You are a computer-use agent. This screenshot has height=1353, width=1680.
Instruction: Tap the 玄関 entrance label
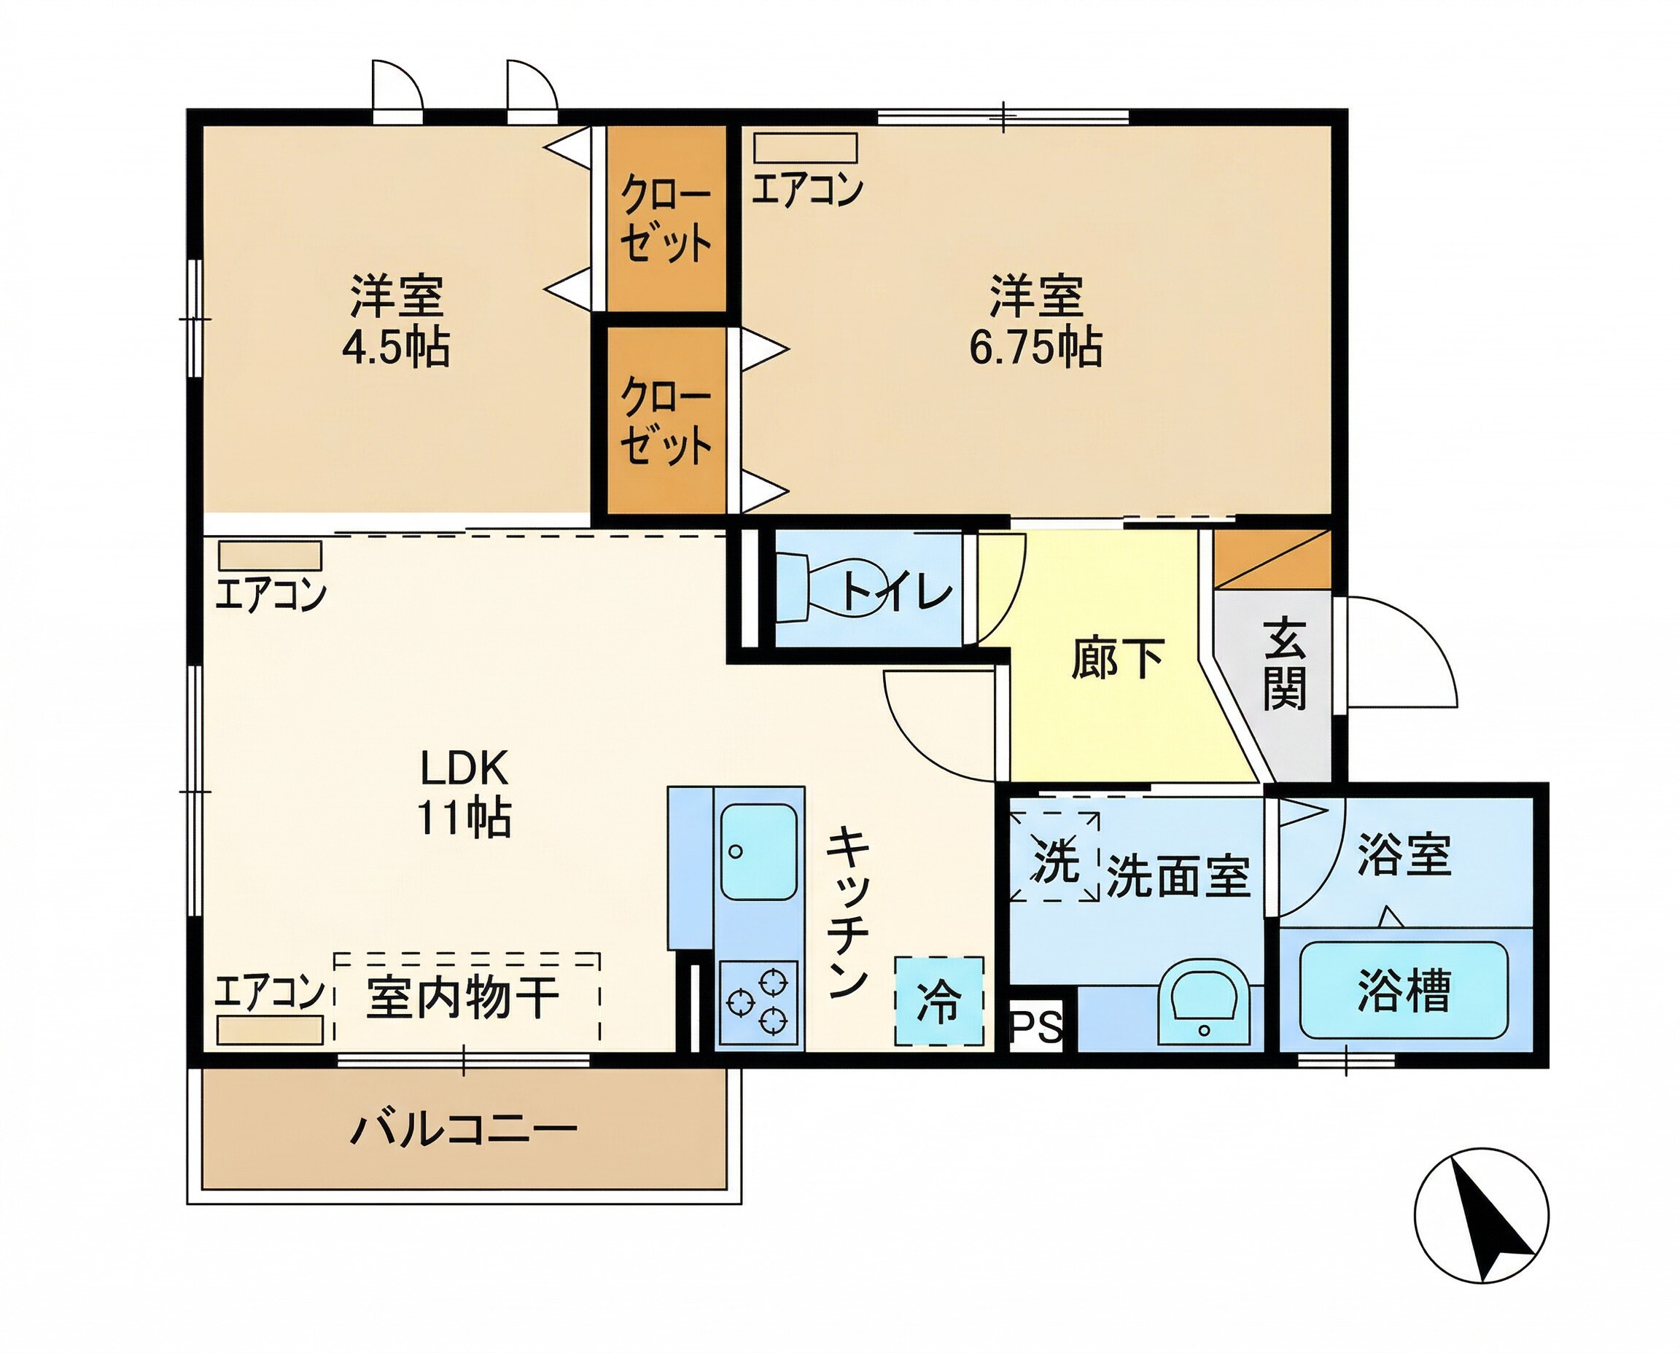(x=1284, y=665)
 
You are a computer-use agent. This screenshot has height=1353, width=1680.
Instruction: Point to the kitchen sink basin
(x=758, y=852)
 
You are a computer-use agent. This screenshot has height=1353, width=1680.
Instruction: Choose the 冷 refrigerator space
(x=938, y=1002)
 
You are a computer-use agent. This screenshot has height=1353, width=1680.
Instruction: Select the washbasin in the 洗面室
(x=1204, y=1002)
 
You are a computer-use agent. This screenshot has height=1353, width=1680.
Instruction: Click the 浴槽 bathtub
(x=1403, y=991)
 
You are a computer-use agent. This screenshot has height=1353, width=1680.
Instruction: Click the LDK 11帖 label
(x=464, y=792)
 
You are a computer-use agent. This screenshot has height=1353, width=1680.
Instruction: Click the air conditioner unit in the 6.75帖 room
(x=805, y=148)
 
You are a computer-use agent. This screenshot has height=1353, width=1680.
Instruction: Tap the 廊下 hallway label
(x=1117, y=658)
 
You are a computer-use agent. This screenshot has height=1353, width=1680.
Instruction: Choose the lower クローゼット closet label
(x=665, y=421)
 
